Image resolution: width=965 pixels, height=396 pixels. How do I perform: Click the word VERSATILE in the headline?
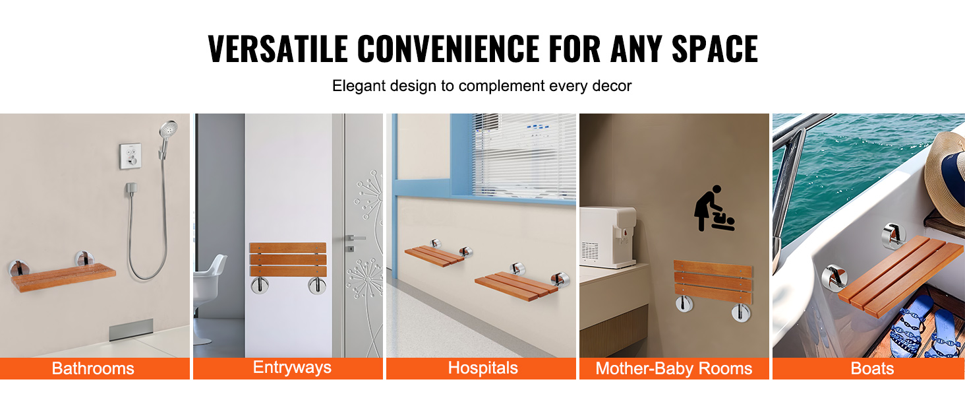(278, 49)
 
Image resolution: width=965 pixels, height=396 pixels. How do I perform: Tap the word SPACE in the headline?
(715, 49)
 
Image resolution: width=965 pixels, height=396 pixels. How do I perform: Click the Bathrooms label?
(93, 368)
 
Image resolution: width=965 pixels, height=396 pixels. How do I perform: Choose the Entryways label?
(292, 368)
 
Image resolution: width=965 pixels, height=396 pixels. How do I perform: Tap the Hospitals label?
(483, 368)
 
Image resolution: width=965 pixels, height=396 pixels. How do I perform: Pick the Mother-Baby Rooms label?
(674, 368)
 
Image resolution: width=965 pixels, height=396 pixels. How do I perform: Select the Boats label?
(872, 368)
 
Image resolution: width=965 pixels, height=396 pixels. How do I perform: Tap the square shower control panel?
(130, 156)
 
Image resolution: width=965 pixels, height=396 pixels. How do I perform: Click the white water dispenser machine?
(608, 237)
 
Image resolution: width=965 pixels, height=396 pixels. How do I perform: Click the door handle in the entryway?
(355, 238)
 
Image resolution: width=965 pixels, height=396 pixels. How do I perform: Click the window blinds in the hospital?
(523, 156)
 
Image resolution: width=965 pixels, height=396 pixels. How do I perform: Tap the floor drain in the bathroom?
(131, 329)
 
